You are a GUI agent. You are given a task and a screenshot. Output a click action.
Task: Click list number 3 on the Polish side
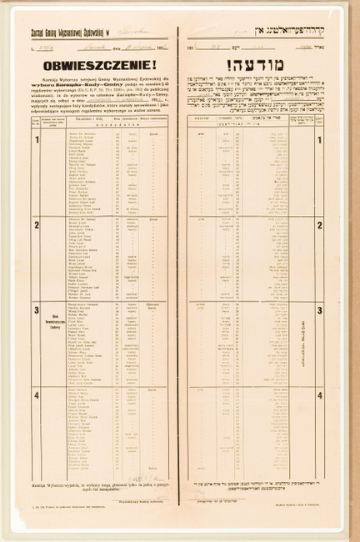(x=36, y=309)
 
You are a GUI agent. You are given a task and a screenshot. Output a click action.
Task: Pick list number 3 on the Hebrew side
(x=318, y=309)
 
